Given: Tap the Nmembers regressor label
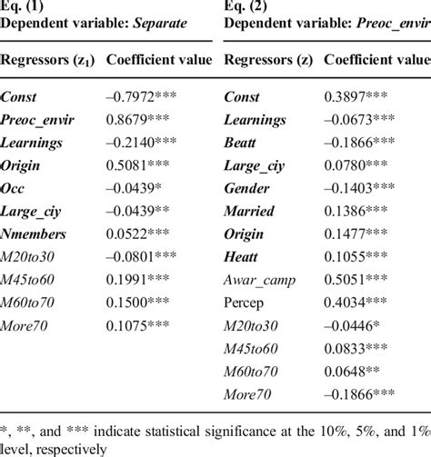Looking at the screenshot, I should (37, 233).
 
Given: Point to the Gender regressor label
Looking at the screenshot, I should (246, 187).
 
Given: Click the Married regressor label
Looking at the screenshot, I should (247, 210).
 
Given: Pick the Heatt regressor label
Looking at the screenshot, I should (242, 256).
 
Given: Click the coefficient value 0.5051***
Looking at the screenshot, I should (359, 280).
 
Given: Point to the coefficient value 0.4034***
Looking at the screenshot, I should (359, 303).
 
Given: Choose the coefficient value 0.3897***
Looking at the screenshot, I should (359, 95).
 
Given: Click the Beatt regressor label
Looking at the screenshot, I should (242, 142).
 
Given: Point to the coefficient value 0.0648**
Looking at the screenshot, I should (356, 372).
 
